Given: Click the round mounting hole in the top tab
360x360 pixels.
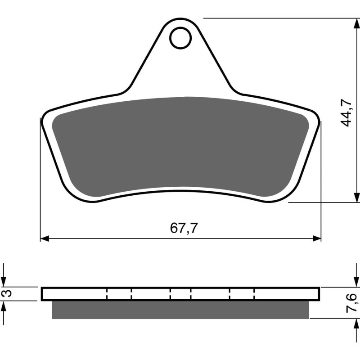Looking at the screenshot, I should (180, 38).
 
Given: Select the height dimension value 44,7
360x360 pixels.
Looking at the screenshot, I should (346, 112).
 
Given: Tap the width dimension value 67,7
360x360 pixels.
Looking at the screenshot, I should (184, 228).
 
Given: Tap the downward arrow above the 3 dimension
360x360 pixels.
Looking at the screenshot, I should (4, 282).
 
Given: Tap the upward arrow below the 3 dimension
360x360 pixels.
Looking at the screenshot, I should (4, 305).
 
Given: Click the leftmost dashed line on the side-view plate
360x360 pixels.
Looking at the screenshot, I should (108, 294).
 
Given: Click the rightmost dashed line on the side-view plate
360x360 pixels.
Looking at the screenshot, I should (254, 294).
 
